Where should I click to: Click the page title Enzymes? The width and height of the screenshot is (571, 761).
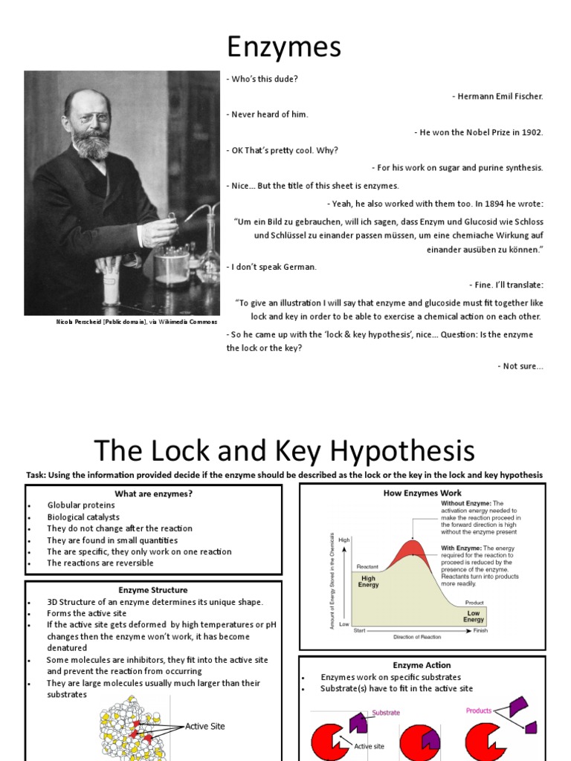pos(284,47)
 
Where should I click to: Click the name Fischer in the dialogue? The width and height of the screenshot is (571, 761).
pos(526,97)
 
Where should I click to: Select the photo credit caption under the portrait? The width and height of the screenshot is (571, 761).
pos(137,322)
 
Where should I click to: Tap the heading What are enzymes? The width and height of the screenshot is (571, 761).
pos(153,494)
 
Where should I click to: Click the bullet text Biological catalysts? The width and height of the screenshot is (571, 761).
pos(83,517)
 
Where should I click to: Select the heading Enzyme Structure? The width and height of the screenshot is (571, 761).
pos(153,590)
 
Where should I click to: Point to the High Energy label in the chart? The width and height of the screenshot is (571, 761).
pos(369,581)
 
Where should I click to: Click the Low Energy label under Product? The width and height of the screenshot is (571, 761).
pos(474,616)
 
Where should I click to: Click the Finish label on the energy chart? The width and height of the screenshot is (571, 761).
pos(480,630)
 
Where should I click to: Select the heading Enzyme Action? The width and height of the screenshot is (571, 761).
pos(422,665)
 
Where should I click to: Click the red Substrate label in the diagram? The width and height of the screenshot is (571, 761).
pos(386,712)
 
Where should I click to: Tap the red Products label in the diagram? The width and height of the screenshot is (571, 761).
pos(480,710)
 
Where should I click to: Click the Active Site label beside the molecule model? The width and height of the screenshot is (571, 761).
pos(204,726)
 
